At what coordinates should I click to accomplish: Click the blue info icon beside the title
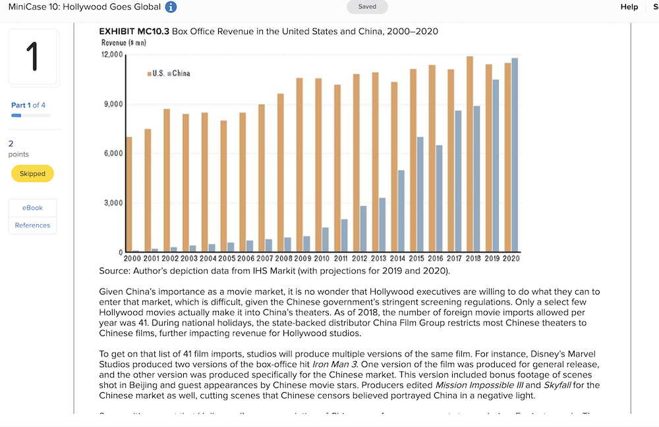[x=171, y=7]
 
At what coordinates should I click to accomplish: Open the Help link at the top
[x=629, y=7]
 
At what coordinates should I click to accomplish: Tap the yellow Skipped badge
[x=32, y=174]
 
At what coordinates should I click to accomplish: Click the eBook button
[x=32, y=208]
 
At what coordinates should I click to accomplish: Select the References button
[x=32, y=225]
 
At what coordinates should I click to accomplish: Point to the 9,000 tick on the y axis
[x=112, y=104]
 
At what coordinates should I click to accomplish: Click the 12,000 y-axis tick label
[x=111, y=55]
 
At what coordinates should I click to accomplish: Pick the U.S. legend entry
[x=156, y=73]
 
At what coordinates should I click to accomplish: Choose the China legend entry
[x=179, y=73]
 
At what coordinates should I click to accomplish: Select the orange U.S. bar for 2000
[x=129, y=194]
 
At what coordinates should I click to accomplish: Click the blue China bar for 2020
[x=515, y=155]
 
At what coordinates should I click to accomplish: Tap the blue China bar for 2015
[x=420, y=194]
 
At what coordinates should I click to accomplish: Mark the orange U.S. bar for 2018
[x=470, y=154]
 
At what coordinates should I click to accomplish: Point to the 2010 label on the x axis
[x=322, y=258]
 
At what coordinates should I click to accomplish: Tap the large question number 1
[x=33, y=57]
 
